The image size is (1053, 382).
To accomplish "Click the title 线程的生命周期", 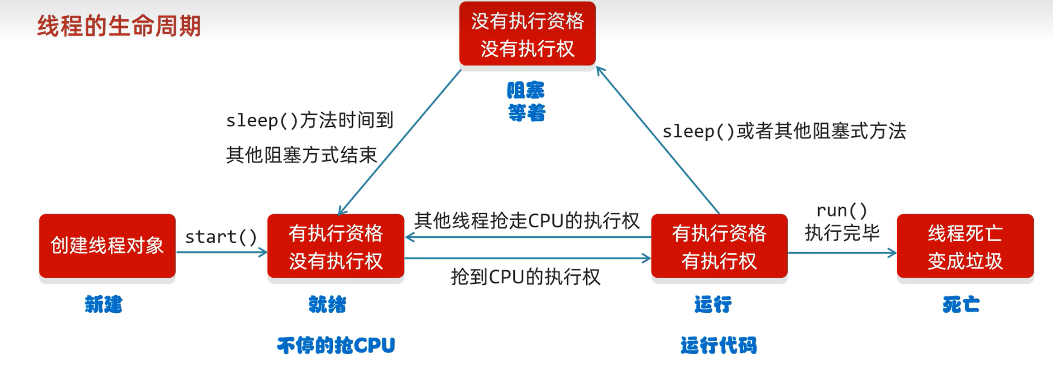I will pos(119,26).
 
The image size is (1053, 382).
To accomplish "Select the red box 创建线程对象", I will pos(107,246).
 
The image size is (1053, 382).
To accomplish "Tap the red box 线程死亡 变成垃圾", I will pos(965,247).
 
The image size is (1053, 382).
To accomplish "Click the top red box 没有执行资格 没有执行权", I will pos(527,34).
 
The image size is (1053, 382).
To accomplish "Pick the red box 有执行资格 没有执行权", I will pos(335,247).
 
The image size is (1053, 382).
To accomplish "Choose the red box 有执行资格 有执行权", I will pos(719,247).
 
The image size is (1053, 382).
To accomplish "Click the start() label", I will pos(221,237).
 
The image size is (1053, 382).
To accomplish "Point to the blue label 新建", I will pos(104,304).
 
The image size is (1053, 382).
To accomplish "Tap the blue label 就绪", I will pos(327,304).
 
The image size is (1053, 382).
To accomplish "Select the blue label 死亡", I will pos(961,304).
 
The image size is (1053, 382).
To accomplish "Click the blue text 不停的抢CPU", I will pos(336,345).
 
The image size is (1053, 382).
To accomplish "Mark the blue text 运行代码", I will pos(718,345).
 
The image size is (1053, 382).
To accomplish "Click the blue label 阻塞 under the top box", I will pos(526,91).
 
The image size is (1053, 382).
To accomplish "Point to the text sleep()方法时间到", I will pos(310,120).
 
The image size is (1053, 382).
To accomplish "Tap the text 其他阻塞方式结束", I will pos(302,155).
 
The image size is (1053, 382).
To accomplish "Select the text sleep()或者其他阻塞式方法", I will pos(784,131).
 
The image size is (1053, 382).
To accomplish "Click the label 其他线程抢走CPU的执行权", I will pos(526,221).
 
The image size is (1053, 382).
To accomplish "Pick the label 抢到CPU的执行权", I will pos(526,277).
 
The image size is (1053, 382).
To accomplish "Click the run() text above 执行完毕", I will pos(842,210).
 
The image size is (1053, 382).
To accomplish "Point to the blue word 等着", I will pos(526,113).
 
